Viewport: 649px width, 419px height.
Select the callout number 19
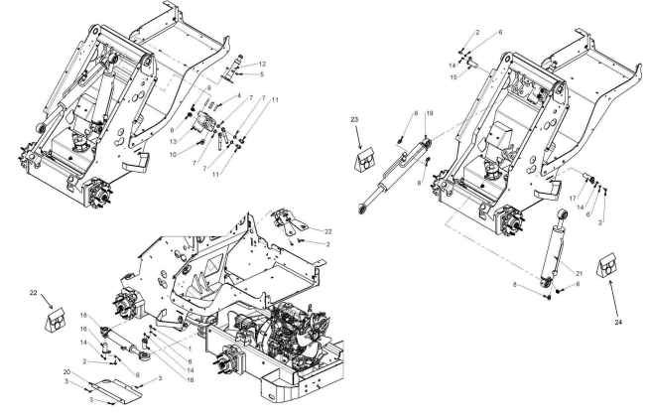(x=430, y=115)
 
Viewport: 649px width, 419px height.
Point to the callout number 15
(x=453, y=75)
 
